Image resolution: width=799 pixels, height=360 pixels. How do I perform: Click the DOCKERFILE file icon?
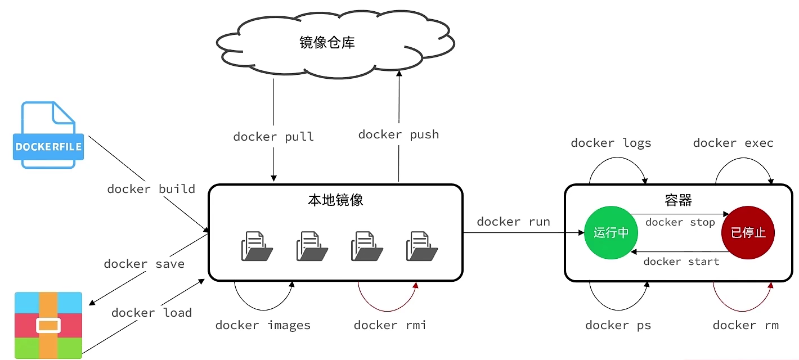(x=48, y=135)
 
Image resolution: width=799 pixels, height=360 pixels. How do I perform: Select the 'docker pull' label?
(x=273, y=137)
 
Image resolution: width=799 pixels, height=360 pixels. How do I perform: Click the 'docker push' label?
(x=398, y=134)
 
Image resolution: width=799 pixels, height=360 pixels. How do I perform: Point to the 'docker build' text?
(x=151, y=189)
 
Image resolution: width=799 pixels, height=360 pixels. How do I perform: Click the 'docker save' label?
(x=144, y=264)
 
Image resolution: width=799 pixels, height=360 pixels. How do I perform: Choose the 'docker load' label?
(x=151, y=313)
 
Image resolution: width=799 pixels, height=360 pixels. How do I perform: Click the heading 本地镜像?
(x=335, y=200)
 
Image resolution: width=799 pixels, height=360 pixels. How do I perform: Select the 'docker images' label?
(x=263, y=325)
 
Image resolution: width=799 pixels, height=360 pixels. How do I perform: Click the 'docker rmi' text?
(x=389, y=325)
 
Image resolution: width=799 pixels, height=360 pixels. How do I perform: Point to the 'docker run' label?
(x=513, y=222)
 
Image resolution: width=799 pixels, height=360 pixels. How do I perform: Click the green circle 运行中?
(x=611, y=232)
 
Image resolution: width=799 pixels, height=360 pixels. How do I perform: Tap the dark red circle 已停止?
(x=748, y=232)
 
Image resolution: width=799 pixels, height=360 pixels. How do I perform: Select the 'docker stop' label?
(x=680, y=222)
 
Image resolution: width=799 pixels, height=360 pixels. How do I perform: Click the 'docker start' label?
(x=681, y=262)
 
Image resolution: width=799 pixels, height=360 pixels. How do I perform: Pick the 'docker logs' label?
(x=611, y=143)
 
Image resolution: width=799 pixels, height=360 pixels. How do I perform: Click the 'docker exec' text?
(x=733, y=143)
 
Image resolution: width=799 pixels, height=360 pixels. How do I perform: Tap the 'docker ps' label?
(x=618, y=325)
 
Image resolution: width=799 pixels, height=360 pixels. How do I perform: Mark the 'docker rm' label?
(x=746, y=325)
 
